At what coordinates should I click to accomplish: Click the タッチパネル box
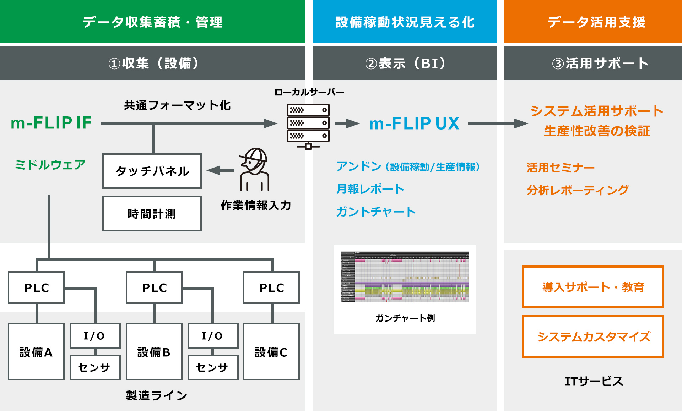point(152,171)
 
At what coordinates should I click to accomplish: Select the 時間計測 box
point(152,214)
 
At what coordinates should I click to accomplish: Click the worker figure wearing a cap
point(254,169)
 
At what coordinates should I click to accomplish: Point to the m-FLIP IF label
point(51,123)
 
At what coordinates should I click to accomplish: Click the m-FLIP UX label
point(414,124)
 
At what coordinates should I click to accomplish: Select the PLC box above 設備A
point(36,287)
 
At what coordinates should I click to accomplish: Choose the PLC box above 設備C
point(271,287)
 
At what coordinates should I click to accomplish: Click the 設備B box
point(154,352)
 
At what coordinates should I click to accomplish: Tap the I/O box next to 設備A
point(95,336)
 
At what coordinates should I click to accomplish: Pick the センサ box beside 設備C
point(212,367)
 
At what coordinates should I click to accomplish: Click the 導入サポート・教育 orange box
point(593,287)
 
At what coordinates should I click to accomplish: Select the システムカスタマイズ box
point(593,336)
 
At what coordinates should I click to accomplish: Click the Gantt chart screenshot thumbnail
point(405,277)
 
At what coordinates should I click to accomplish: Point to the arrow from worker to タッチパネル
point(221,171)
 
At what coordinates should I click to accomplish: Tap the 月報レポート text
point(370,189)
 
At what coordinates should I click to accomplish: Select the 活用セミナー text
point(560,168)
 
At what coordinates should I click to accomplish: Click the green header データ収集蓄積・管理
point(153,22)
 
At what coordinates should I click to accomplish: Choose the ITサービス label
point(594,381)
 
